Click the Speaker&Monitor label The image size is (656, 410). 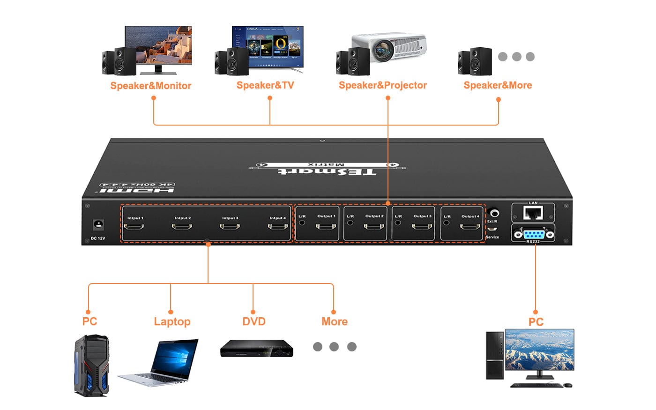[x=151, y=86]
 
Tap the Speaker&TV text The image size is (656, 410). [x=265, y=85]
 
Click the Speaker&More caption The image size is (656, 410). [x=498, y=85]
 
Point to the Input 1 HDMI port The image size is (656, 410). [x=134, y=227]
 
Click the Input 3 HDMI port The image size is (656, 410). [x=230, y=227]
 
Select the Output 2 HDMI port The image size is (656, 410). [x=374, y=226]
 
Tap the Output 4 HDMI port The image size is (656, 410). [x=470, y=227]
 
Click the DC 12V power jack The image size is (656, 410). [x=98, y=224]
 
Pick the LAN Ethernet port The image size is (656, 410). [x=533, y=214]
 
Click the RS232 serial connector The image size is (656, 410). [x=533, y=233]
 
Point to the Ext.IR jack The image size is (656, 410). [x=493, y=213]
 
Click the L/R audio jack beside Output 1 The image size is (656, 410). [x=302, y=223]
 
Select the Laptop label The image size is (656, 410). [x=172, y=322]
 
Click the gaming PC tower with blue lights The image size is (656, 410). [x=92, y=365]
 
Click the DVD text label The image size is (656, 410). [x=253, y=322]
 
